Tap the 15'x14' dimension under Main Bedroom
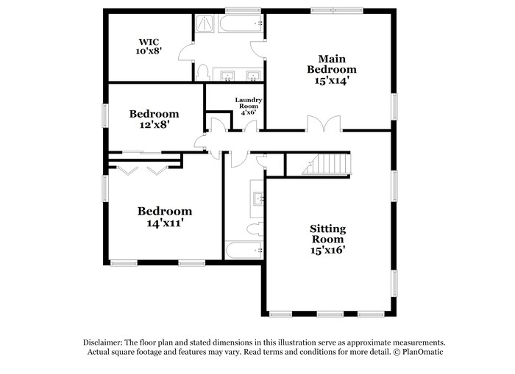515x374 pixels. (x=327, y=81)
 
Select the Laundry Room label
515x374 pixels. (x=249, y=100)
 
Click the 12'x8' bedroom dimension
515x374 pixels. (x=154, y=126)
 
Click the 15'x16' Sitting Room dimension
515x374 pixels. (x=327, y=250)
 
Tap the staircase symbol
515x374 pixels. (x=324, y=165)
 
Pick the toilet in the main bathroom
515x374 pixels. (x=203, y=72)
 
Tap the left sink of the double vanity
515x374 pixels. (x=227, y=75)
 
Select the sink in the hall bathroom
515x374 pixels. (x=258, y=198)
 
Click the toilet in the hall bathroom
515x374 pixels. (x=253, y=229)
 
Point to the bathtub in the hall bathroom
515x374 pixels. (x=244, y=251)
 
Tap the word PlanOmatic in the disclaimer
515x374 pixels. (x=424, y=352)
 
